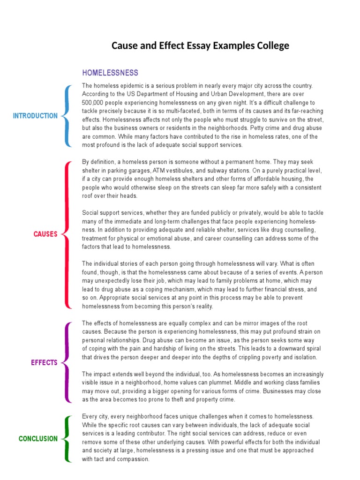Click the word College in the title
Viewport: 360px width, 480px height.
coord(272,46)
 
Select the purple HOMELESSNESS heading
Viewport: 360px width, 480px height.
coord(110,73)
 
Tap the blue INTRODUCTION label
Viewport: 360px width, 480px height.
coord(36,116)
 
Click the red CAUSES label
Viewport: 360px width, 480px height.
coord(45,234)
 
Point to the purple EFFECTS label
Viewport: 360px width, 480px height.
coord(44,362)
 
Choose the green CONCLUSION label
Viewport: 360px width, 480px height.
coord(38,439)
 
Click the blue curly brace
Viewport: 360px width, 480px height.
coord(67,116)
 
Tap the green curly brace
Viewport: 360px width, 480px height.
coord(67,439)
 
